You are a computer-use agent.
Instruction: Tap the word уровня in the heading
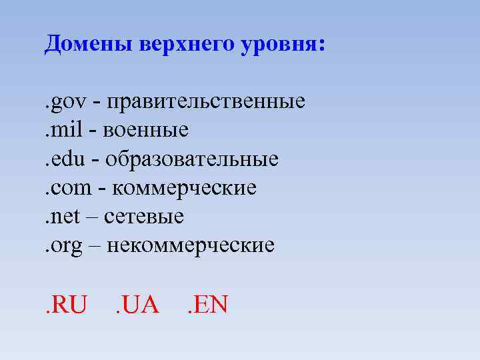pos(276,45)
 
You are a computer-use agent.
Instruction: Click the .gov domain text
pos(63,101)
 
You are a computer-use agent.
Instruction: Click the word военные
pos(146,130)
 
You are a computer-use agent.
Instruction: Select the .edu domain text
pos(62,159)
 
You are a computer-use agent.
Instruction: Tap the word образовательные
pos(192,159)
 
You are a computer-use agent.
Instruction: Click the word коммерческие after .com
pos(185,188)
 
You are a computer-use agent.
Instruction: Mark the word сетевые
pos(149,217)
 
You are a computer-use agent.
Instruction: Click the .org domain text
pos(62,246)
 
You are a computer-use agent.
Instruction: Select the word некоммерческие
pos(190,245)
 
